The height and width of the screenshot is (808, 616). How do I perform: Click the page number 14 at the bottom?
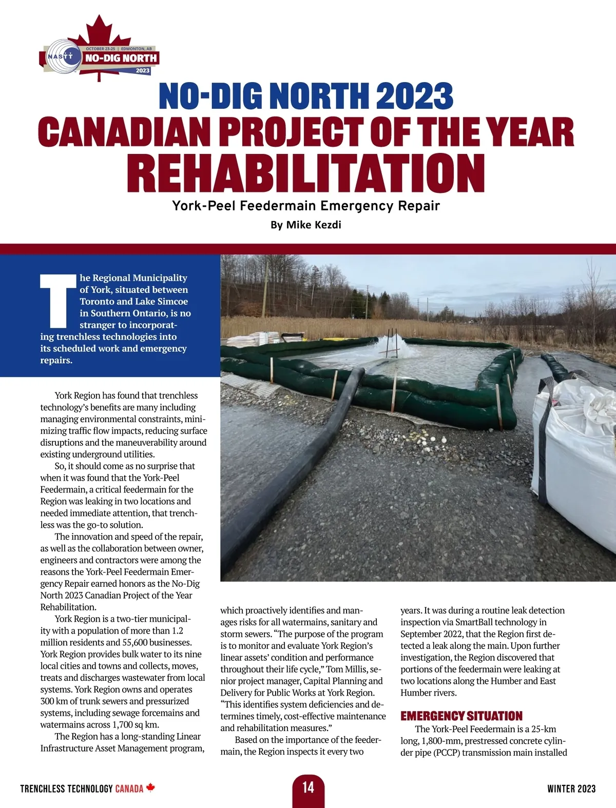308,787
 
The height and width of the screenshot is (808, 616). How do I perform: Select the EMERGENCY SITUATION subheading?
461,716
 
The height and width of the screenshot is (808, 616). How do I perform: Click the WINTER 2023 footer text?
571,789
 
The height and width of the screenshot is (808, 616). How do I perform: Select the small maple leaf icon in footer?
150,787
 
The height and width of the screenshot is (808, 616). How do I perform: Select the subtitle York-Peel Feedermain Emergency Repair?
306,206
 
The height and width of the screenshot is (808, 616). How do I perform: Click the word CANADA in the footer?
129,789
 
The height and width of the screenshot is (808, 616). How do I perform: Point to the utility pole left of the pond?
265,298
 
